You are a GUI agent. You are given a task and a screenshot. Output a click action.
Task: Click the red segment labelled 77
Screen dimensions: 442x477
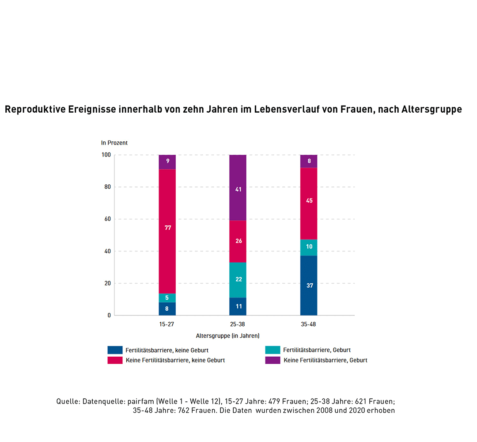point(167,231)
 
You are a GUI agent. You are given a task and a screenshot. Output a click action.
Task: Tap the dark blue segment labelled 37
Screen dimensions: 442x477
point(309,286)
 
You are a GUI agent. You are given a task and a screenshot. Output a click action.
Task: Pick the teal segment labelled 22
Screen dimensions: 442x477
point(238,280)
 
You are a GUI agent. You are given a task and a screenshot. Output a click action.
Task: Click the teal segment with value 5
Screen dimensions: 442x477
point(167,298)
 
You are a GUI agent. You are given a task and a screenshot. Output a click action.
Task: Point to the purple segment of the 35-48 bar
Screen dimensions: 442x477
point(309,161)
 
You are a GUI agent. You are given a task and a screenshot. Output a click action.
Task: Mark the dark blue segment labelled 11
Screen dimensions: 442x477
point(238,306)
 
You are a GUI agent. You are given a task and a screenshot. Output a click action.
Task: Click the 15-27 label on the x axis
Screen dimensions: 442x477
point(167,324)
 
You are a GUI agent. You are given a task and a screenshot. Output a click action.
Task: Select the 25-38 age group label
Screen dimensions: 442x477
point(238,324)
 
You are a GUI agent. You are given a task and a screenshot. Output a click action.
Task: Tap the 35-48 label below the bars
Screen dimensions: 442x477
point(309,324)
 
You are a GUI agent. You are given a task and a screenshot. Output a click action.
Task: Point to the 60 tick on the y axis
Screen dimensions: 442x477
point(106,219)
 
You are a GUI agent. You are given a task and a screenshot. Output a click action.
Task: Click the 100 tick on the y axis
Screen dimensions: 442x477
point(106,155)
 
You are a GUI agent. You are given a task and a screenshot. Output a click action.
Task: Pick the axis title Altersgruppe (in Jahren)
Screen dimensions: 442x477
point(227,335)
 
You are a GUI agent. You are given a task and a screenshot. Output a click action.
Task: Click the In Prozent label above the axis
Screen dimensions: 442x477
point(114,143)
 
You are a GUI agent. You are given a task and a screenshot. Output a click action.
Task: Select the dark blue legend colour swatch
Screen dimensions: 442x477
point(115,350)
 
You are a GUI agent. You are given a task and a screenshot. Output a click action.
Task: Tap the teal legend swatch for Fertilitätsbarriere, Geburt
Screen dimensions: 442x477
point(273,350)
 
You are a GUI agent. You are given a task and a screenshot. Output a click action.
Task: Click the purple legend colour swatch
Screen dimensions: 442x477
point(273,360)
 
